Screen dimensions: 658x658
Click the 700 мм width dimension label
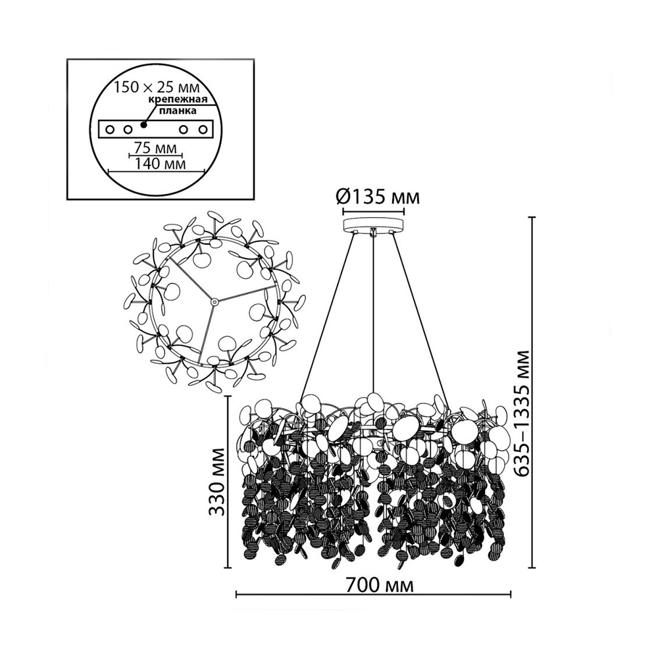380,584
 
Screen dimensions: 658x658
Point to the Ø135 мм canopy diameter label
378,196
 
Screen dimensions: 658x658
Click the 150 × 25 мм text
157,88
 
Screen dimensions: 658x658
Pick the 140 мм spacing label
160,163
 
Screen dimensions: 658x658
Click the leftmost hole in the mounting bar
109,129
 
